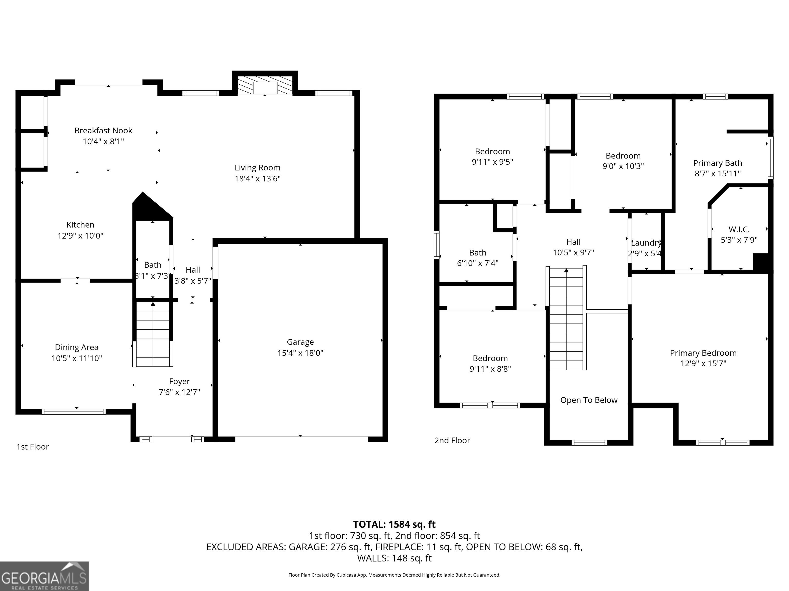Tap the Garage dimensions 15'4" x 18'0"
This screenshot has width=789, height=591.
(300, 353)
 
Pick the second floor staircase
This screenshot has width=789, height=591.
(566, 318)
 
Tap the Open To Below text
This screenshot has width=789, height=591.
(589, 400)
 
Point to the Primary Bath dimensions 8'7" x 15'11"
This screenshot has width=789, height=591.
(717, 173)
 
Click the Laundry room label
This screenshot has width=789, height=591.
(646, 243)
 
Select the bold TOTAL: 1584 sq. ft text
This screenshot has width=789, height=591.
(394, 524)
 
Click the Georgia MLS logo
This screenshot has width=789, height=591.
(44, 576)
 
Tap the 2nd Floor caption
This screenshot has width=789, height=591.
(452, 440)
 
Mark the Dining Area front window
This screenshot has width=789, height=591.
(73, 412)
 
